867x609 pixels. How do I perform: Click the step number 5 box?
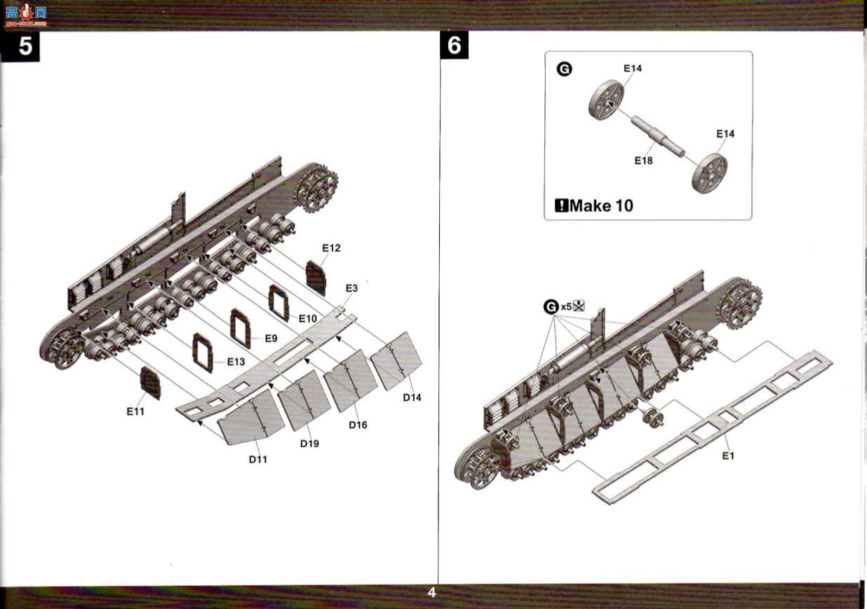(20, 46)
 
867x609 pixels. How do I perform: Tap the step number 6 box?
(454, 46)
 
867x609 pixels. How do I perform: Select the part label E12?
(331, 248)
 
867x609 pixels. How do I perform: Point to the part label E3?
(351, 288)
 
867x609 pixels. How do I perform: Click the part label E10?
(308, 319)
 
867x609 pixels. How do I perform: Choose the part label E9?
(271, 338)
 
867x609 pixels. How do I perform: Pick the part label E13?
(236, 362)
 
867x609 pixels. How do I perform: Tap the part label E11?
(135, 411)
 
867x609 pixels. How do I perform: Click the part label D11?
(257, 459)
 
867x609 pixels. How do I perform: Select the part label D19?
(309, 444)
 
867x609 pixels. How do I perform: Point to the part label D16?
(358, 425)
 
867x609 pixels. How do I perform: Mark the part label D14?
(412, 397)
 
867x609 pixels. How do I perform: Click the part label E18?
(643, 160)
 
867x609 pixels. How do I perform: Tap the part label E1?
(728, 456)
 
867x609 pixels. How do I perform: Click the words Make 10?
(601, 206)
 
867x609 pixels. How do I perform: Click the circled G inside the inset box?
(564, 69)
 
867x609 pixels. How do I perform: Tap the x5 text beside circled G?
(566, 307)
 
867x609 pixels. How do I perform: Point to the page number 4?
(431, 592)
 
